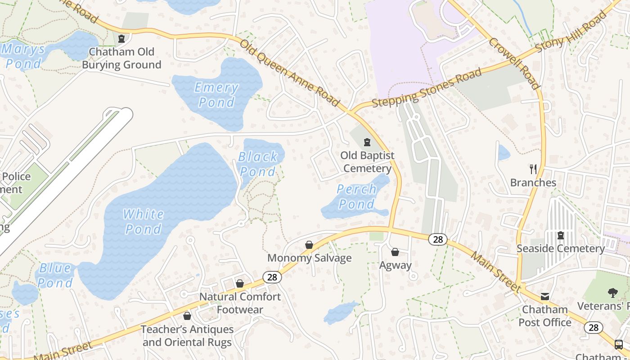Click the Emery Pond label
[x=216, y=95]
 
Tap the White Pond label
[x=143, y=221]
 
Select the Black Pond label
[x=258, y=164]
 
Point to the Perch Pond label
[x=356, y=197]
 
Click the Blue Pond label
[x=55, y=275]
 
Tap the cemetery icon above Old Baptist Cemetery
[x=367, y=143]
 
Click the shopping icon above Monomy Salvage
[x=309, y=245]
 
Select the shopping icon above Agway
[x=395, y=252]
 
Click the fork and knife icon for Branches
[x=533, y=169]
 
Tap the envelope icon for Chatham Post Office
[x=545, y=296]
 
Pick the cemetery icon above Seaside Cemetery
[x=561, y=235]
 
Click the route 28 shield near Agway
[x=437, y=239]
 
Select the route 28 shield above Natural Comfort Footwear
[x=272, y=277]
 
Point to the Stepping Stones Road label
[x=427, y=88]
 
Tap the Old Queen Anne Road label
[x=289, y=73]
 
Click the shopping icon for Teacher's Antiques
[x=187, y=316]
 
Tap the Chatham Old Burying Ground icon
[x=121, y=39]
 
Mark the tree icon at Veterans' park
[x=612, y=293]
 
